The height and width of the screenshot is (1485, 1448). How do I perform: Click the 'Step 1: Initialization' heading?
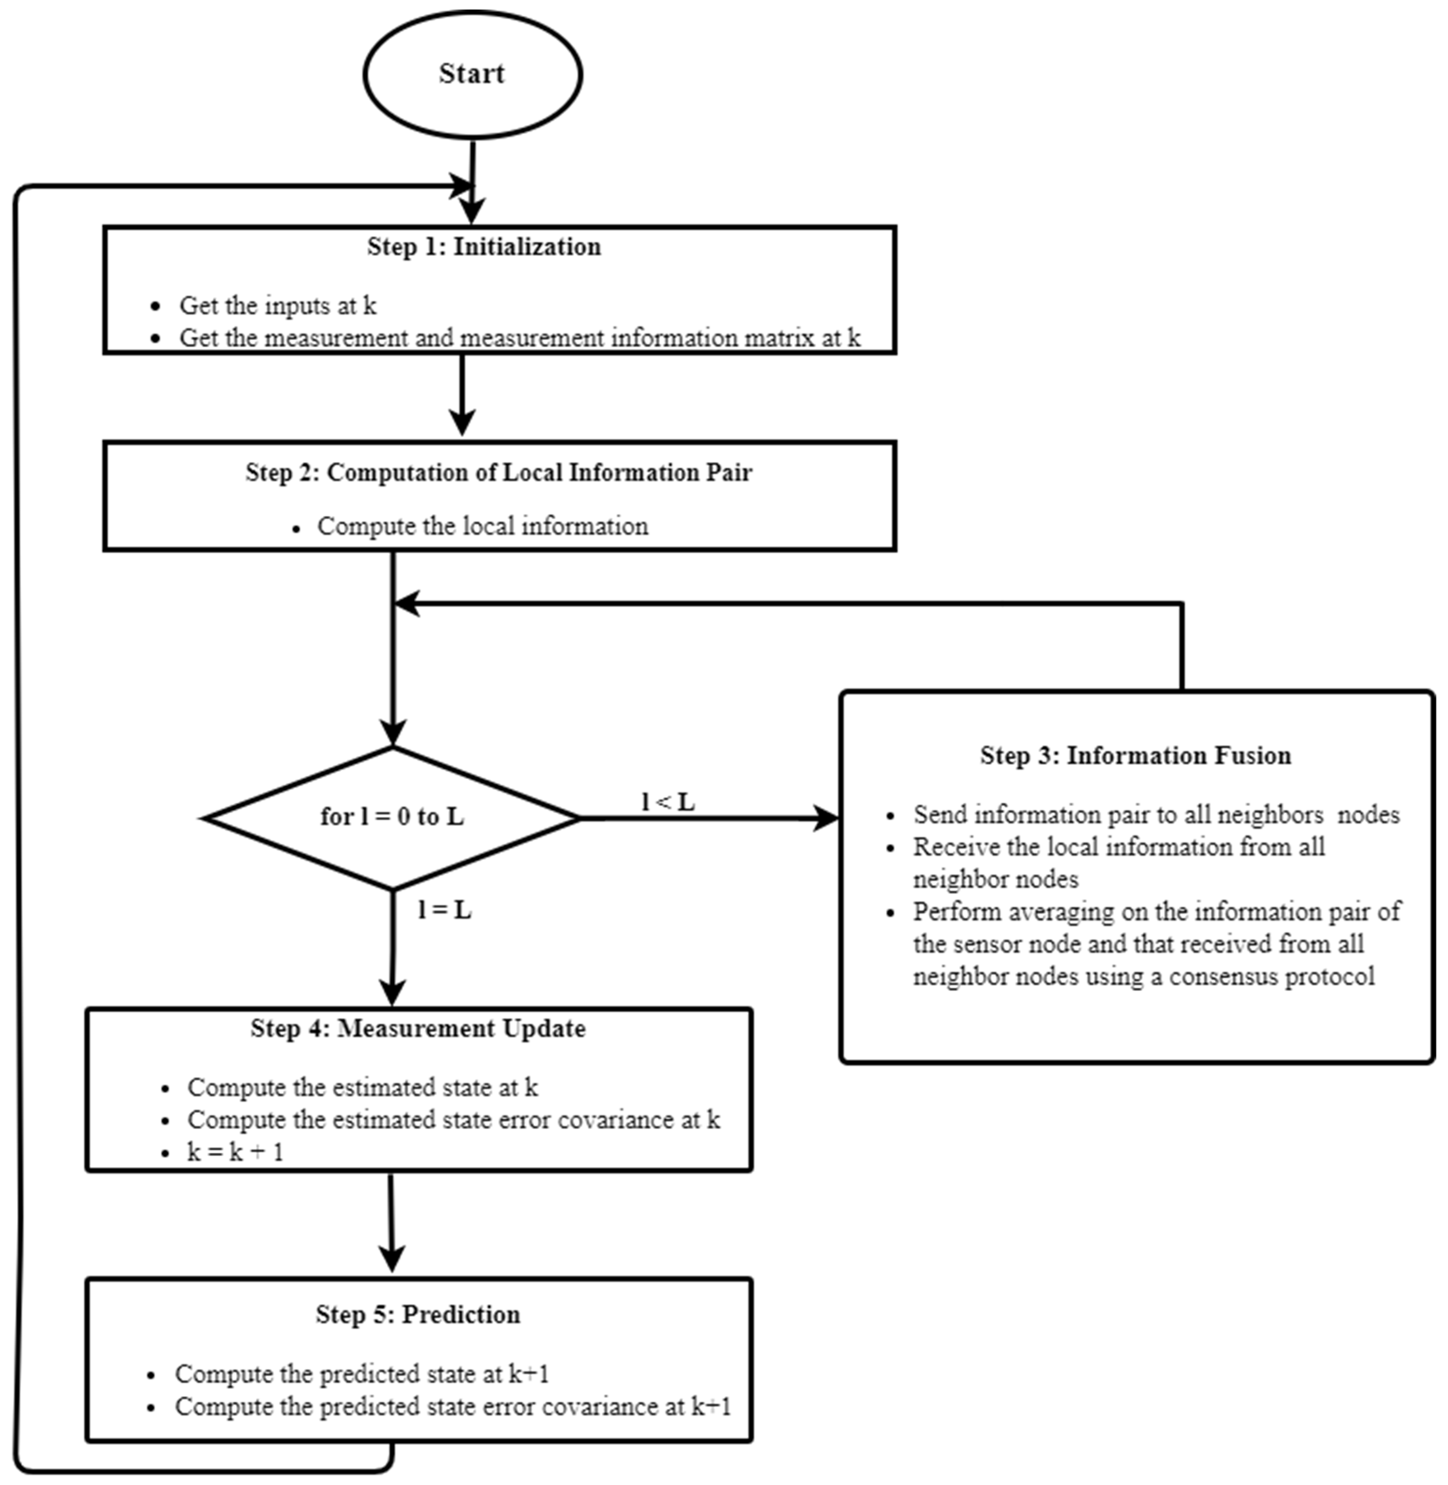[x=484, y=246]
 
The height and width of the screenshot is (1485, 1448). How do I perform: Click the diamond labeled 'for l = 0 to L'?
[x=392, y=817]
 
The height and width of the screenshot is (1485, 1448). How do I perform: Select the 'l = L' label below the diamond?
[x=444, y=910]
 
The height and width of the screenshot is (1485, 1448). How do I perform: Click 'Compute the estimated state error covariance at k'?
[x=453, y=1120]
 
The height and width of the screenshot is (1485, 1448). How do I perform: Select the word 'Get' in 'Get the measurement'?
[x=198, y=338]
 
